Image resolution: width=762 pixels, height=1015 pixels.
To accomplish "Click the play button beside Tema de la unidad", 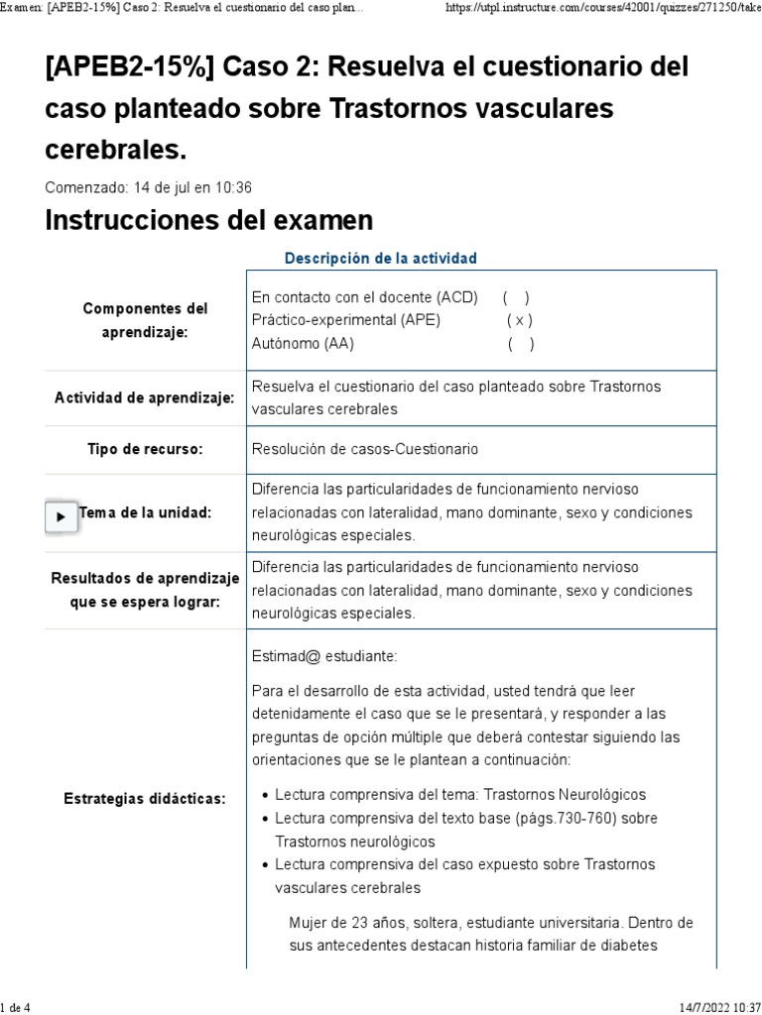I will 62,516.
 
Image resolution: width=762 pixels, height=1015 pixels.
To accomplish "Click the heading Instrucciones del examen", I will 208,220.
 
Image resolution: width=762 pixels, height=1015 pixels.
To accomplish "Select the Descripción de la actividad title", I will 380,258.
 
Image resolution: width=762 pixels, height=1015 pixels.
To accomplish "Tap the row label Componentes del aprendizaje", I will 145,320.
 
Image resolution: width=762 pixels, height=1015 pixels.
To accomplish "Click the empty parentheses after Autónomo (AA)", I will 521,344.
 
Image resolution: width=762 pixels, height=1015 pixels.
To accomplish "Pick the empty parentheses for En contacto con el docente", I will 516,296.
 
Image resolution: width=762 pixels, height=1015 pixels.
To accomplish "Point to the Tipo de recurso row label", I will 145,449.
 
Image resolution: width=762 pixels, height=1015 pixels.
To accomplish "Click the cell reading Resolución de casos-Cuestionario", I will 365,449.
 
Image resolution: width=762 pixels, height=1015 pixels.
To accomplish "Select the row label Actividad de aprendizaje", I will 145,397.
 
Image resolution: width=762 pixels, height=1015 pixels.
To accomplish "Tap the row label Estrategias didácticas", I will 145,798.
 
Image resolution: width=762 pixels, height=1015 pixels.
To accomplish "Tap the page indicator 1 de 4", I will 17,1008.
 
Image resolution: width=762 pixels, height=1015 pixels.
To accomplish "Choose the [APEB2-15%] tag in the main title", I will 130,68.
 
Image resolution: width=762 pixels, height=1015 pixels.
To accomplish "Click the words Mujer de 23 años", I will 348,922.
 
